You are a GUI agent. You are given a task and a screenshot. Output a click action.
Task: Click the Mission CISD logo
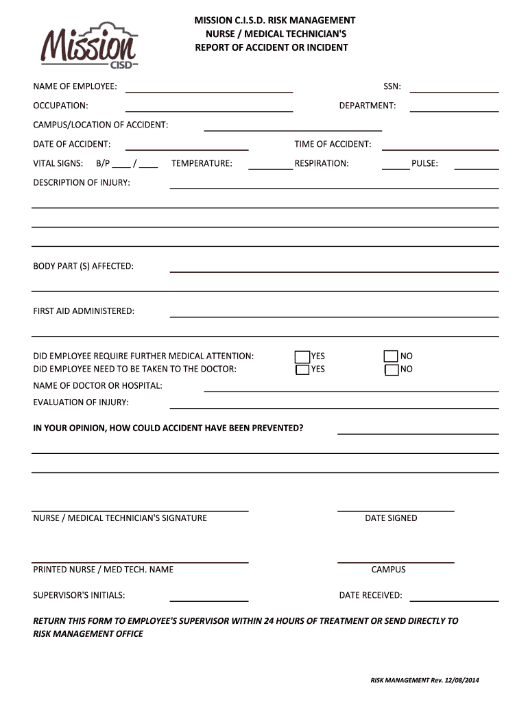(89, 47)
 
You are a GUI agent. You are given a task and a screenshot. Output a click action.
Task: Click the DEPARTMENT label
(367, 106)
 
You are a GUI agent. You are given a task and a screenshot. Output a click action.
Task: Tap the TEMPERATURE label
(202, 163)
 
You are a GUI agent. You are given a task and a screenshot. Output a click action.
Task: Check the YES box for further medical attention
(302, 356)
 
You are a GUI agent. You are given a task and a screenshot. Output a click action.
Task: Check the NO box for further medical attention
(391, 356)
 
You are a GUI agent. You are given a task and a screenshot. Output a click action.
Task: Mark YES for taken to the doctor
(302, 370)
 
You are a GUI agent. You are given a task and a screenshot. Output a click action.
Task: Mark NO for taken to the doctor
(391, 370)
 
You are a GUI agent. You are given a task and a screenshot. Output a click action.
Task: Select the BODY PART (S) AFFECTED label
(84, 266)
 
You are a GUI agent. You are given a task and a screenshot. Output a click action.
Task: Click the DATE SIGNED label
(391, 518)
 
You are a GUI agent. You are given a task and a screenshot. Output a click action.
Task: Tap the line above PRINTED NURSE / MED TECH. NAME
(140, 561)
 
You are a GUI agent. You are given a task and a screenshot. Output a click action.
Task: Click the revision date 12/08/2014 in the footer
(464, 680)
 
